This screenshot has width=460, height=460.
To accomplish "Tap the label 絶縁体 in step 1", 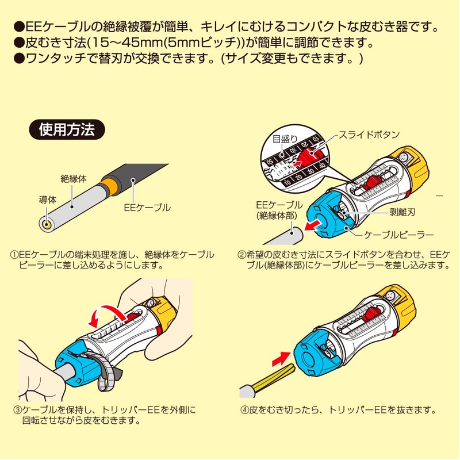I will (74, 179).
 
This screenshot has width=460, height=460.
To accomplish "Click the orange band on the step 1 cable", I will (108, 187).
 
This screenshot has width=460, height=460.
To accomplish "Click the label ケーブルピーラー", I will (397, 235).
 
